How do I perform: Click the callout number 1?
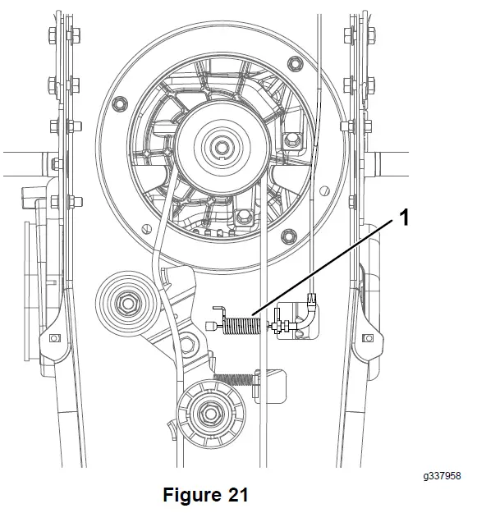405,218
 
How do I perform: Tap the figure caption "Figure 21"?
205,494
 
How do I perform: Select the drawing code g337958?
442,475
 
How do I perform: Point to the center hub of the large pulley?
222,145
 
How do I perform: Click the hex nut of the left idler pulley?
127,304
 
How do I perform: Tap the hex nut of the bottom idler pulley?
207,413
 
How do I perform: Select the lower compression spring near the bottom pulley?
233,379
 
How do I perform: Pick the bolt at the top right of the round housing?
295,63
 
